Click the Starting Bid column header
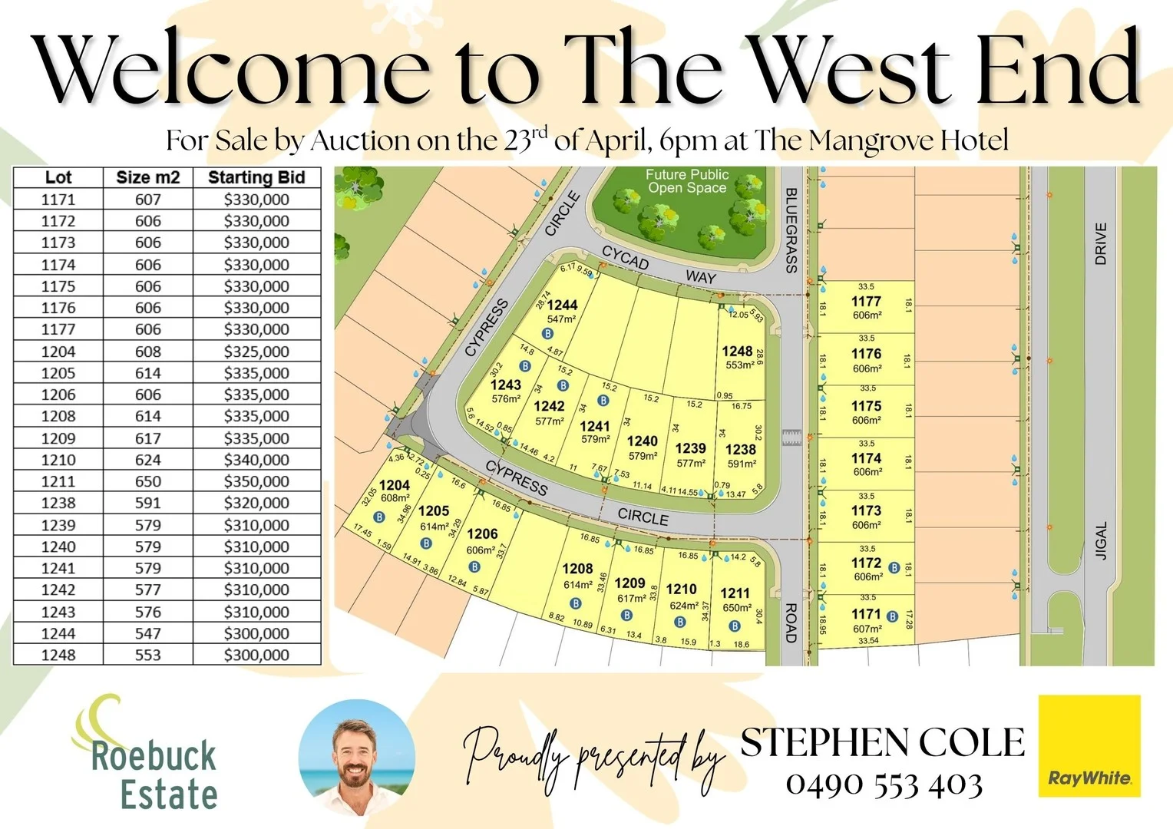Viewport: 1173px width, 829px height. (x=256, y=177)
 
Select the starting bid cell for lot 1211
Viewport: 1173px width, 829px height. (x=256, y=481)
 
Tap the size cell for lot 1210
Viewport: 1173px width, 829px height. (x=148, y=460)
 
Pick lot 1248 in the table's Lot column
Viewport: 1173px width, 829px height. (x=58, y=655)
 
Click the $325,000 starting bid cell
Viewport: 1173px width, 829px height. (x=256, y=352)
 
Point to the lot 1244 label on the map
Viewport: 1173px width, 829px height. (x=562, y=305)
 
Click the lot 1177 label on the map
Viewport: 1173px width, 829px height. (x=866, y=302)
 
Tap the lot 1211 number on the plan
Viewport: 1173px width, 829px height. (x=735, y=593)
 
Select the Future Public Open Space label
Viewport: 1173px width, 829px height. (x=686, y=181)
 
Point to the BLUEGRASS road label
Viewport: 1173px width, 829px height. (x=791, y=230)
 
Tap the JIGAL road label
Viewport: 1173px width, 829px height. (x=1102, y=540)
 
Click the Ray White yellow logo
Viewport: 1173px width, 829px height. (x=1089, y=745)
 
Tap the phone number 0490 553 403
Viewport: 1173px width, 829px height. (x=884, y=784)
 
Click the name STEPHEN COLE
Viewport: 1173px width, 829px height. (x=882, y=742)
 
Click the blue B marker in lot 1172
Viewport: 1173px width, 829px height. (x=894, y=568)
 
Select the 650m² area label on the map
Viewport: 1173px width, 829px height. (x=737, y=608)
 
